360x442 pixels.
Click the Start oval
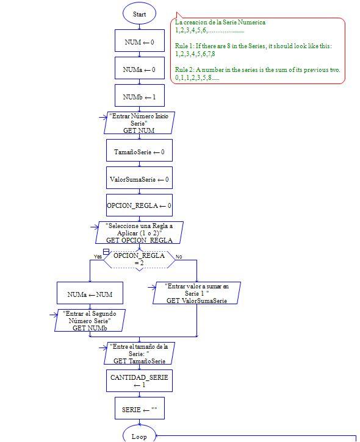[x=139, y=13]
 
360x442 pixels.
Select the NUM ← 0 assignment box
[x=139, y=42]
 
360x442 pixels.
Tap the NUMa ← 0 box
[x=139, y=70]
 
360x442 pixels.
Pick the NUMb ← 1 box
[x=139, y=97]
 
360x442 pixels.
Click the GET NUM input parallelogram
[x=139, y=123]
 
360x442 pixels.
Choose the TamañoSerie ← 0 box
[x=139, y=152]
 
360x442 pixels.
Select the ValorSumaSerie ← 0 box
[x=139, y=179]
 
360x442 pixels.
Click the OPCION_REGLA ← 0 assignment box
[x=139, y=206]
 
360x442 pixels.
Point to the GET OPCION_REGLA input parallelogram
[x=139, y=233]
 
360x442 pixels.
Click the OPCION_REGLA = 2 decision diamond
[x=139, y=259]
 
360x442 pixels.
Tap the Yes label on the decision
[x=98, y=256]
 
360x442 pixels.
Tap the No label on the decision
[x=179, y=257]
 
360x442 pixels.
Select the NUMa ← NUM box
[x=89, y=295]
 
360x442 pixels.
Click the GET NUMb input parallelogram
[x=90, y=321]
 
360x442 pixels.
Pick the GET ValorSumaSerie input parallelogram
[x=196, y=293]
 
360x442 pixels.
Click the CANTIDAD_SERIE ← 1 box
[x=139, y=381]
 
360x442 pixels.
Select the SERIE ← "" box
[x=139, y=409]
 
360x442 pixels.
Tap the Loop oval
[x=139, y=435]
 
